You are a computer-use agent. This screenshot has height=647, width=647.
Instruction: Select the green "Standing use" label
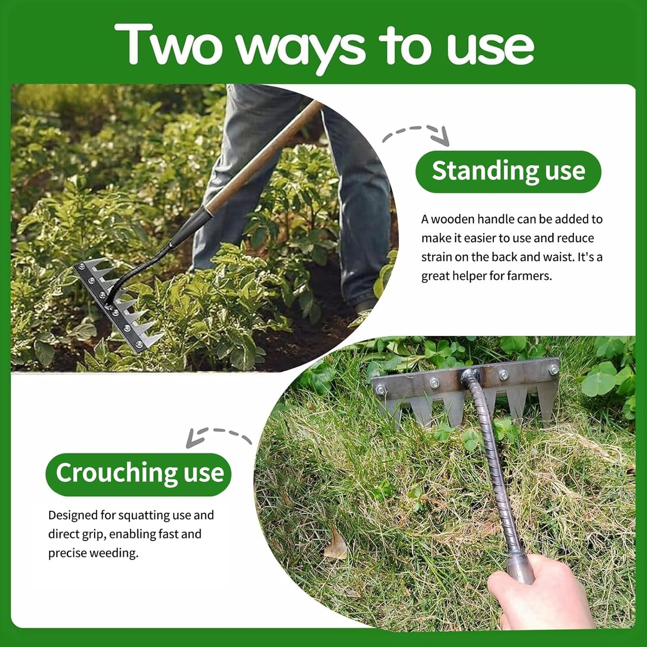point(508,171)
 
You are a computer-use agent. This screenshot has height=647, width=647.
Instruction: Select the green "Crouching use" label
point(139,474)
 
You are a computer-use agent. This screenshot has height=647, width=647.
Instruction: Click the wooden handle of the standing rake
point(264,157)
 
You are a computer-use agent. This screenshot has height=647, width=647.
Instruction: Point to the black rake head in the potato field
point(116,304)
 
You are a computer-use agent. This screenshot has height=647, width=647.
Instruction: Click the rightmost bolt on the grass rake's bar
point(553,370)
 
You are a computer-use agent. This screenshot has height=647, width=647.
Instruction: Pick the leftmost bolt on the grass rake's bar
point(381,390)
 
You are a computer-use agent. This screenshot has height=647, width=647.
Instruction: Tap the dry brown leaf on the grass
point(336,544)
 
